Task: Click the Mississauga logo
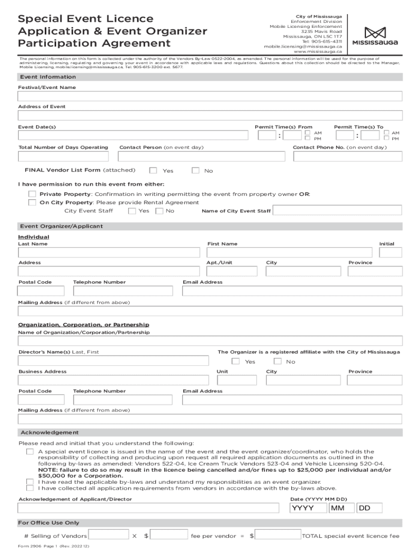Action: point(374,36)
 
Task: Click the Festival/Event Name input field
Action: point(210,96)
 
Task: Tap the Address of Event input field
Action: point(210,115)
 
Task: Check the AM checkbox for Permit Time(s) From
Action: point(308,133)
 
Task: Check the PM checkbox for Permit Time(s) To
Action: point(387,139)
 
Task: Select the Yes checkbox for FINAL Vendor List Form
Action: point(153,170)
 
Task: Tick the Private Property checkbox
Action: point(32,194)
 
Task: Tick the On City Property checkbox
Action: point(32,202)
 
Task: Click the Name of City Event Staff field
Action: point(337,211)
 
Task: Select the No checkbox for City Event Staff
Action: point(159,211)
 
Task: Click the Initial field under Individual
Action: point(391,252)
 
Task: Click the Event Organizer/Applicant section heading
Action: point(62,226)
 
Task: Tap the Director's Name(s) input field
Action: point(113,361)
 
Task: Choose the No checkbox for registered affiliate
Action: point(278,361)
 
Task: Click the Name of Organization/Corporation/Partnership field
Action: point(210,341)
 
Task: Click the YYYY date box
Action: point(308,508)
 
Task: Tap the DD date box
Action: point(370,508)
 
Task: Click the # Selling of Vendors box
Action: point(109,536)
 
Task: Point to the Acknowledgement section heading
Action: point(50,432)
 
